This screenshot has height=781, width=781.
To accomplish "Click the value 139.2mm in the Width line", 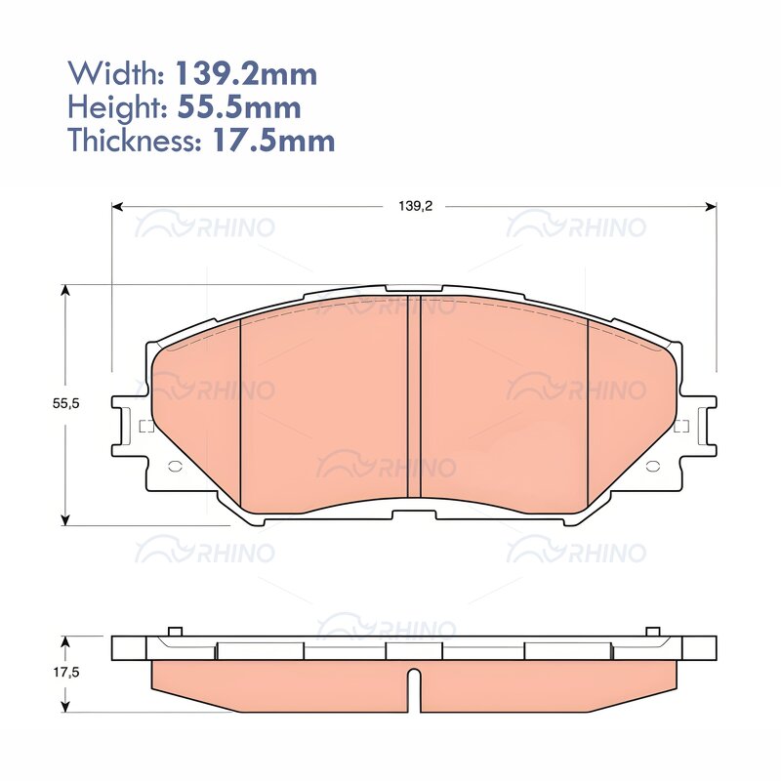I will coord(245,73).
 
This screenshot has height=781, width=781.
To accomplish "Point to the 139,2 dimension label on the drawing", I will coord(415,206).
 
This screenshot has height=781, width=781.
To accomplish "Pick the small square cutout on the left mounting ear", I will coord(146,426).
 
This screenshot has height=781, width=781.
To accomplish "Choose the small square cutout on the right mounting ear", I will coord(681,426).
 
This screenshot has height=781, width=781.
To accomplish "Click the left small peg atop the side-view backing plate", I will coord(175,631).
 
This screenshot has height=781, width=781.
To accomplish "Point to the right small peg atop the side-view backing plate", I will coord(652,631).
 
